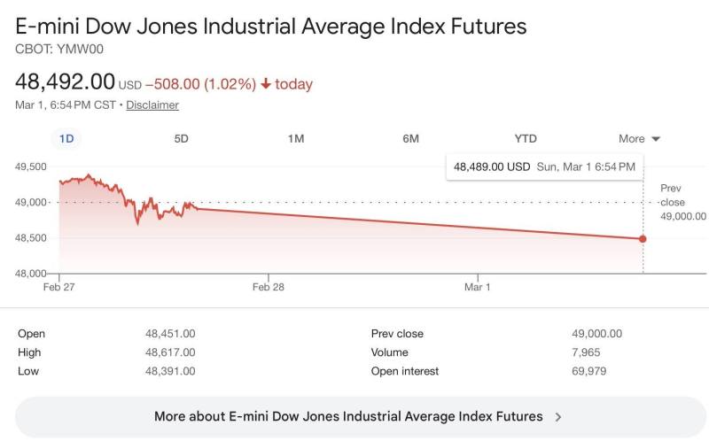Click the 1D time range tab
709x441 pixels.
pyautogui.click(x=66, y=138)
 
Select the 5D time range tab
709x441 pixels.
pyautogui.click(x=181, y=138)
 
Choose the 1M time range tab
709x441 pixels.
pyautogui.click(x=296, y=138)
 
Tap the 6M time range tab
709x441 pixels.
pyautogui.click(x=410, y=138)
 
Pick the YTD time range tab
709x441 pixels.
pyautogui.click(x=526, y=138)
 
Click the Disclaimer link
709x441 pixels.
pyautogui.click(x=152, y=104)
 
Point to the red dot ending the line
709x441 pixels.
pyautogui.click(x=643, y=238)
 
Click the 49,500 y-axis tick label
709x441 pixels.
pyautogui.click(x=31, y=166)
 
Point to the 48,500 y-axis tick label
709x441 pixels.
pyautogui.click(x=31, y=237)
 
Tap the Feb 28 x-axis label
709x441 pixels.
pyautogui.click(x=268, y=287)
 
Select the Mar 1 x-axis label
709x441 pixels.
pyautogui.click(x=477, y=287)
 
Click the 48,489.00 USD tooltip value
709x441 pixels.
pyautogui.click(x=492, y=166)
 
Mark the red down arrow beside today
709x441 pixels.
pyautogui.click(x=265, y=84)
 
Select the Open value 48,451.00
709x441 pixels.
pyautogui.click(x=170, y=334)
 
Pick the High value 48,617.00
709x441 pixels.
pyautogui.click(x=170, y=352)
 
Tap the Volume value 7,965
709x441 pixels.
pyautogui.click(x=588, y=352)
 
